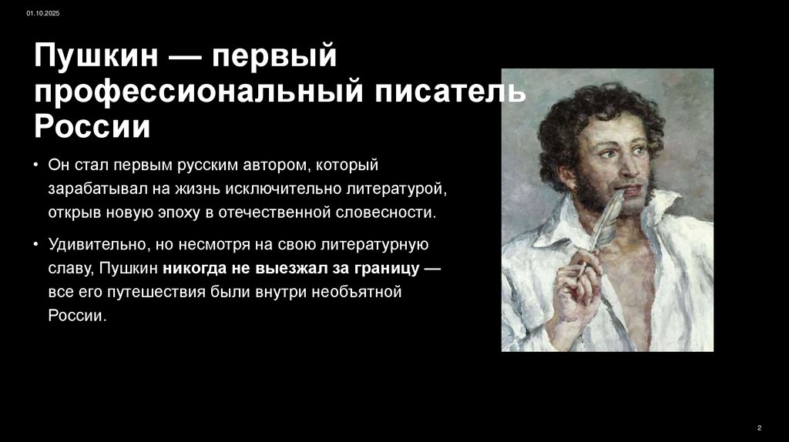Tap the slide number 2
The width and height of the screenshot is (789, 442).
760,427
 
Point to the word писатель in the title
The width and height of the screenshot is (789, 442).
450,92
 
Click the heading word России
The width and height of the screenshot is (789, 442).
91,126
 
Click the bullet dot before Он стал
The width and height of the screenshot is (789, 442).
36,166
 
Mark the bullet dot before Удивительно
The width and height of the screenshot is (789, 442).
36,246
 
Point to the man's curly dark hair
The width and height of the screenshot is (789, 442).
586,116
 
